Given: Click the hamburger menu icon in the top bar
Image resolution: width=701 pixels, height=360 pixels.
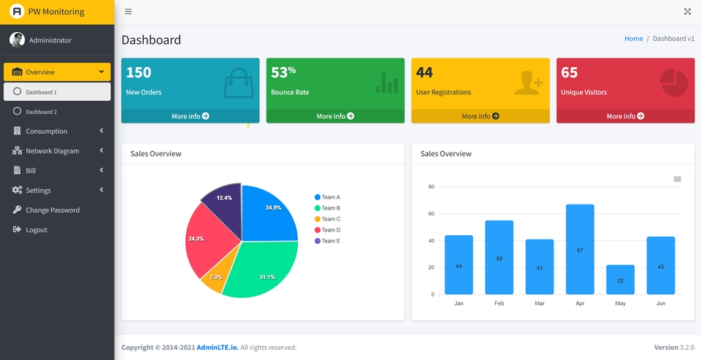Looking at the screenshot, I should coord(129,12).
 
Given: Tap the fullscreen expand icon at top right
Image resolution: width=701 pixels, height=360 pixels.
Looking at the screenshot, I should coord(687,12).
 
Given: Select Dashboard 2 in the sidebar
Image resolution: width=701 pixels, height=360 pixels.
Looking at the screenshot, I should coord(41,112).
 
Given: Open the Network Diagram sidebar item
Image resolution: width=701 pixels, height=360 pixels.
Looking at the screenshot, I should coord(52,151).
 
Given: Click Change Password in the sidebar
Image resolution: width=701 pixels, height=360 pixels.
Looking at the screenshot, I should coord(52,210).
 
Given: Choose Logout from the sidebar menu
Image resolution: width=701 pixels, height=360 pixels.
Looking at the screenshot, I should coord(36,230).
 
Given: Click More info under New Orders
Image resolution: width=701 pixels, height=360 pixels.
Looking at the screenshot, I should coord(190,116).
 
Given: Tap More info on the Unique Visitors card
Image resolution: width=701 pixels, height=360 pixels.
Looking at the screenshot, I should coord(625,116).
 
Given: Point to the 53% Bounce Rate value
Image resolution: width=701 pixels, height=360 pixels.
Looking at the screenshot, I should coord(283,72).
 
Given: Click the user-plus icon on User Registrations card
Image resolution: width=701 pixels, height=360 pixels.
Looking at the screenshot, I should coord(528,83).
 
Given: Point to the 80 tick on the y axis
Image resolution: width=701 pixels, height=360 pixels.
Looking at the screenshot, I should coord(431,187).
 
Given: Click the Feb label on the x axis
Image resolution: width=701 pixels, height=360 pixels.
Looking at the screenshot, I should coord(499,303).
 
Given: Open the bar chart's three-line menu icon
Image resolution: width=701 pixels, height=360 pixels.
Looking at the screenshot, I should coord(677,179).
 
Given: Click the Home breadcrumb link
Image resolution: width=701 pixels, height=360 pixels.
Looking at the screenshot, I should coord(633,39).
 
